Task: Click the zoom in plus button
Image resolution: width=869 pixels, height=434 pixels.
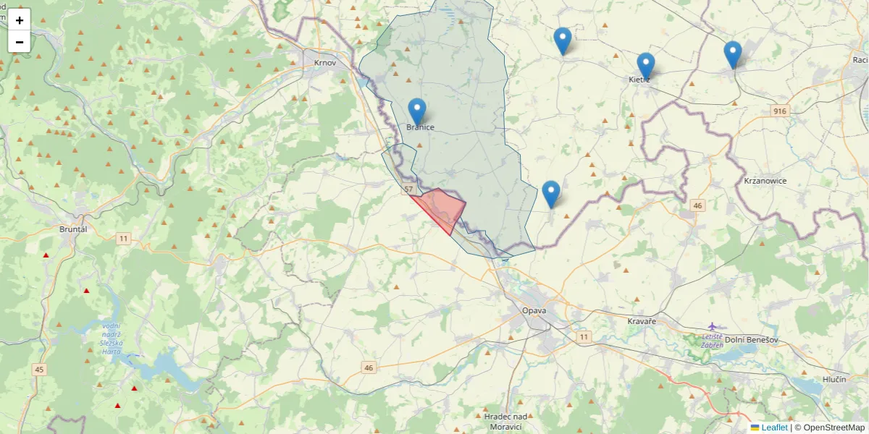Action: click(x=20, y=20)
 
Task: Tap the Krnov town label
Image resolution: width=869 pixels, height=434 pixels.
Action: click(x=325, y=63)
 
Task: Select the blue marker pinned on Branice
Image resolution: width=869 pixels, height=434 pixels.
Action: click(x=416, y=111)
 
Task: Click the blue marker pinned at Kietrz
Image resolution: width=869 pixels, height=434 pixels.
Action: click(x=645, y=65)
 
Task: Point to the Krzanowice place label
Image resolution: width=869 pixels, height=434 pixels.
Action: click(x=765, y=181)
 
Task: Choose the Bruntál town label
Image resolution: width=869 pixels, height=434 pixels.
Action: click(x=73, y=229)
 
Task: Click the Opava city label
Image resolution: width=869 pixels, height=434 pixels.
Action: click(x=534, y=310)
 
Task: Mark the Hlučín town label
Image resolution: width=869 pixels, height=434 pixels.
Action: click(x=834, y=380)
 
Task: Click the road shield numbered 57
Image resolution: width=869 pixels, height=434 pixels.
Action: click(x=408, y=189)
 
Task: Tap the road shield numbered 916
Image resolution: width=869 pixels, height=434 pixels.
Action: click(x=779, y=111)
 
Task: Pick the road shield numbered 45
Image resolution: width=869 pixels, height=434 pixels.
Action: click(x=39, y=370)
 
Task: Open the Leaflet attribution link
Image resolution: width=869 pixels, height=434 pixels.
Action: click(x=773, y=427)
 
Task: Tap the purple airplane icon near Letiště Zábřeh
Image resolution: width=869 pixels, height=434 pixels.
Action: click(x=713, y=326)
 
